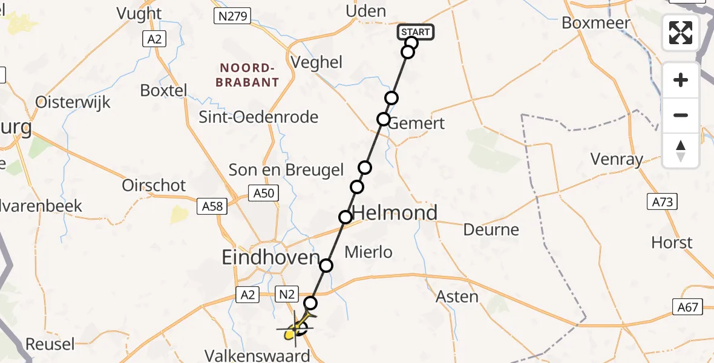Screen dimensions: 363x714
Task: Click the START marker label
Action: (x=416, y=32)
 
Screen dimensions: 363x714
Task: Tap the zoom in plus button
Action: (x=681, y=80)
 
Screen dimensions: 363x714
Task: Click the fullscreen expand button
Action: (x=681, y=33)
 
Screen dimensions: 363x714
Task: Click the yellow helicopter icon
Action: (x=298, y=327)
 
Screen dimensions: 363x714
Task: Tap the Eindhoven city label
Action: (x=270, y=258)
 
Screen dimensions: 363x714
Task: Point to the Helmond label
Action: (x=395, y=213)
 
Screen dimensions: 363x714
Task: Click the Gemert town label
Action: (x=416, y=123)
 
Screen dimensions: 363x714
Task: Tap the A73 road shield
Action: (x=661, y=201)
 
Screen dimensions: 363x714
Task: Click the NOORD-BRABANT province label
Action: (x=249, y=74)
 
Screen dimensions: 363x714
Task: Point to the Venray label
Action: (x=617, y=159)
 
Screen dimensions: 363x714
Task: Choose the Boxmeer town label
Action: (x=596, y=23)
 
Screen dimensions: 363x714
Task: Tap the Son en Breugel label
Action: (x=286, y=171)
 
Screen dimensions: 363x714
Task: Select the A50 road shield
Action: (x=264, y=194)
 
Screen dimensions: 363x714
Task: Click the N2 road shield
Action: (x=287, y=294)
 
